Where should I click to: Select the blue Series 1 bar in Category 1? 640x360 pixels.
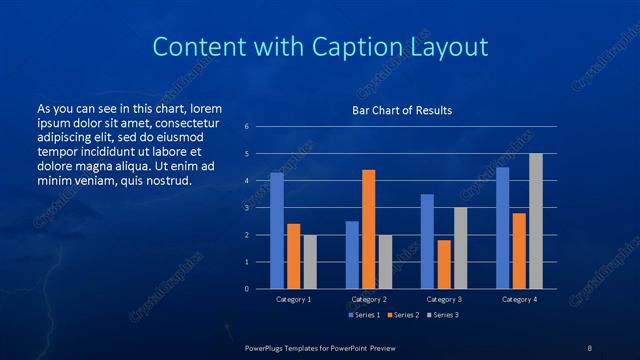(277, 230)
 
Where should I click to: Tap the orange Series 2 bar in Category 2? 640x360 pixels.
(369, 229)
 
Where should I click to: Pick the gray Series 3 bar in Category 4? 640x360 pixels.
(536, 221)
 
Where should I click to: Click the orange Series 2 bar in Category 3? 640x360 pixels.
(444, 264)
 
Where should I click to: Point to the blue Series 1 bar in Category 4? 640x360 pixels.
(502, 228)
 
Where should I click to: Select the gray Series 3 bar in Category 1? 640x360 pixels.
(310, 262)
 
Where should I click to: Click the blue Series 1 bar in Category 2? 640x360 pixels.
(352, 255)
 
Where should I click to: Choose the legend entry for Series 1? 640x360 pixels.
(365, 316)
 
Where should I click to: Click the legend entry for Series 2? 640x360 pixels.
(403, 316)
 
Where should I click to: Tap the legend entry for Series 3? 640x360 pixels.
(441, 316)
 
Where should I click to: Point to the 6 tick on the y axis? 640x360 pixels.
(246, 127)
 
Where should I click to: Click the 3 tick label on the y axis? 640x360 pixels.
(246, 208)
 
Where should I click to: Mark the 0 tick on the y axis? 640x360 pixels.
(246, 289)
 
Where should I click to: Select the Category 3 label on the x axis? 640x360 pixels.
(444, 299)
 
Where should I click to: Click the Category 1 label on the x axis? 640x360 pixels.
(294, 299)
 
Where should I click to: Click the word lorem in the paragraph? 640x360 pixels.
(205, 108)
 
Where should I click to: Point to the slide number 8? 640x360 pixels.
(590, 347)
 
